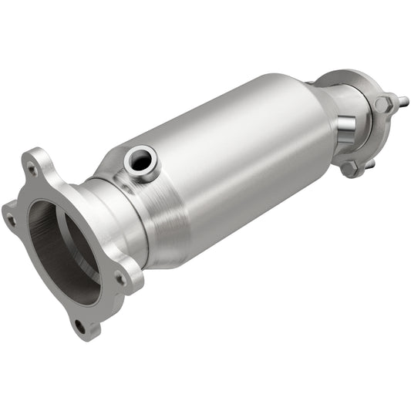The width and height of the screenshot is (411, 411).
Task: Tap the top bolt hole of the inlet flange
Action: (x=32, y=165)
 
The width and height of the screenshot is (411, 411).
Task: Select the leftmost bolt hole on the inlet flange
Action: (x=11, y=219)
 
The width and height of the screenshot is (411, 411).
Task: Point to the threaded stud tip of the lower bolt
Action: (x=371, y=163)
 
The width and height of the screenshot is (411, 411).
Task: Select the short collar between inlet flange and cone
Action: (x=116, y=224)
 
